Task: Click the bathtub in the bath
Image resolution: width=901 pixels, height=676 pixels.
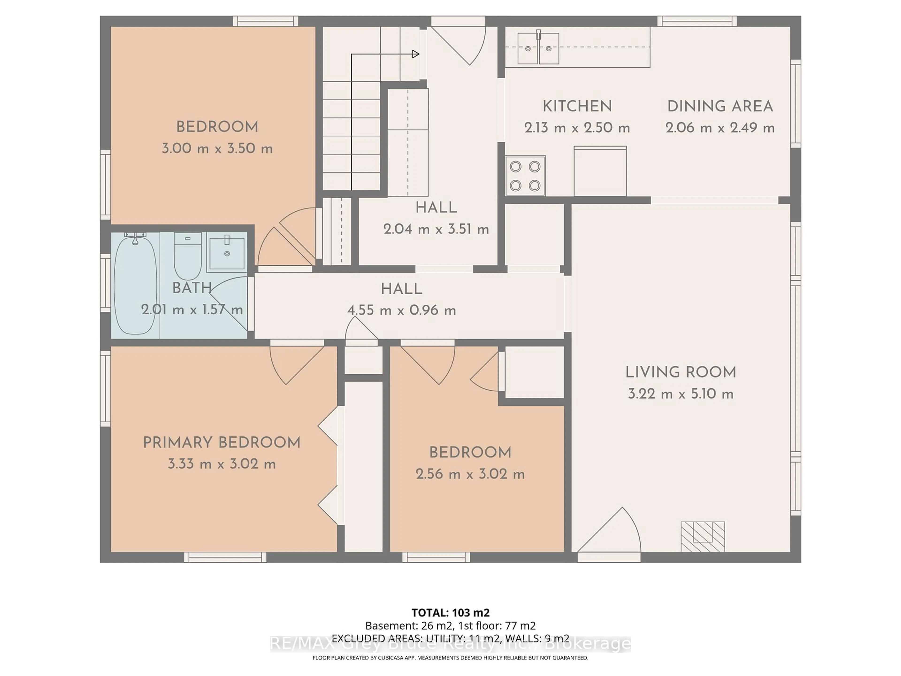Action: point(135,285)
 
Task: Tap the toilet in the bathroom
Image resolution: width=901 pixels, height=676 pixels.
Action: point(188,256)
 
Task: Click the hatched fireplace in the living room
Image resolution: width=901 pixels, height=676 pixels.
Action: point(703,536)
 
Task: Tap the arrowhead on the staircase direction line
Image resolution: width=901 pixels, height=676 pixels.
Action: point(416,54)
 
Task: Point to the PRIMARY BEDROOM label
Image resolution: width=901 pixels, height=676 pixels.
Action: point(221,442)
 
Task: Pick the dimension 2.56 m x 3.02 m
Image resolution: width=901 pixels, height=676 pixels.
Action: point(470,474)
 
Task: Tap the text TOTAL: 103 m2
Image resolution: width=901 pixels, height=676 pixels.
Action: point(450,612)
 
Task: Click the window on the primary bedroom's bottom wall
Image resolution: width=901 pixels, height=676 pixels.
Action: point(225,557)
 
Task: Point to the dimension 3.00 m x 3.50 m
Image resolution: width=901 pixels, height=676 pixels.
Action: point(217,148)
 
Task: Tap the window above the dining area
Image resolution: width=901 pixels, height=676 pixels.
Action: point(697,21)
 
